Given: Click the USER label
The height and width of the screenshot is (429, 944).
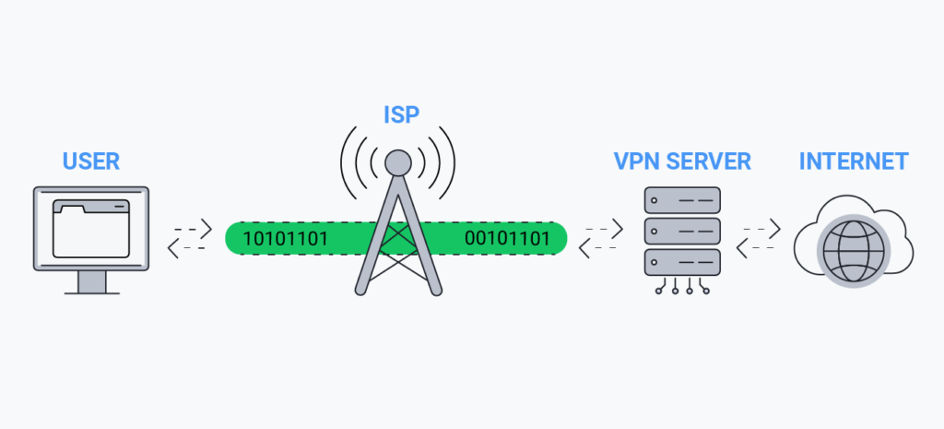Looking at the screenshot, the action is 91,161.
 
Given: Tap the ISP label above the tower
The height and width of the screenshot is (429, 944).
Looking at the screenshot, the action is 401,114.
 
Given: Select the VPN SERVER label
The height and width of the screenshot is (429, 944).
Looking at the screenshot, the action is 682,161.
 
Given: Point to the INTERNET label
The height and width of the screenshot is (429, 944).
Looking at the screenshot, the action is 854,161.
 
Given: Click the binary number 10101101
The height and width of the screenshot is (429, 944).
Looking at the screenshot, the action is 286,239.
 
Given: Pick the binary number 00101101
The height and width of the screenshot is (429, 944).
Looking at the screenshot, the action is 507,239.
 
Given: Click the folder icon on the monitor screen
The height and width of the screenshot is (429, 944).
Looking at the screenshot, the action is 91,229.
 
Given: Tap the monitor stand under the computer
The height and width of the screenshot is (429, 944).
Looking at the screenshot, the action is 91,282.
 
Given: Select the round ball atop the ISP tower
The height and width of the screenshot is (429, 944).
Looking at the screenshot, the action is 398,162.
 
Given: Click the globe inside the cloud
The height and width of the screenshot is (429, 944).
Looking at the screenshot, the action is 854,250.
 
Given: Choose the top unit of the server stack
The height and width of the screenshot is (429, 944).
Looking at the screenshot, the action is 682,200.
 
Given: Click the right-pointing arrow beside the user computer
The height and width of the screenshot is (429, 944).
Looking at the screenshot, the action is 194,229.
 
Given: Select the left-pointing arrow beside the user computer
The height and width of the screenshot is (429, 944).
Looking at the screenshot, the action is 186,247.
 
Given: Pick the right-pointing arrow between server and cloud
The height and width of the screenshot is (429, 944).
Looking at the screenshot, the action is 762,229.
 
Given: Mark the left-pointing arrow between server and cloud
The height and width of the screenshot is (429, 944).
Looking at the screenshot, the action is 756,247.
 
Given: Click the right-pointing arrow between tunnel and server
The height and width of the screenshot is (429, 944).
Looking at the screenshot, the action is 604,229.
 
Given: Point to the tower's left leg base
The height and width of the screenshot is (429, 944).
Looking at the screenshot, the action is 360,290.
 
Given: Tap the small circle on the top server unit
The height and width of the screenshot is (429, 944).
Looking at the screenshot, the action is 655,200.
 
